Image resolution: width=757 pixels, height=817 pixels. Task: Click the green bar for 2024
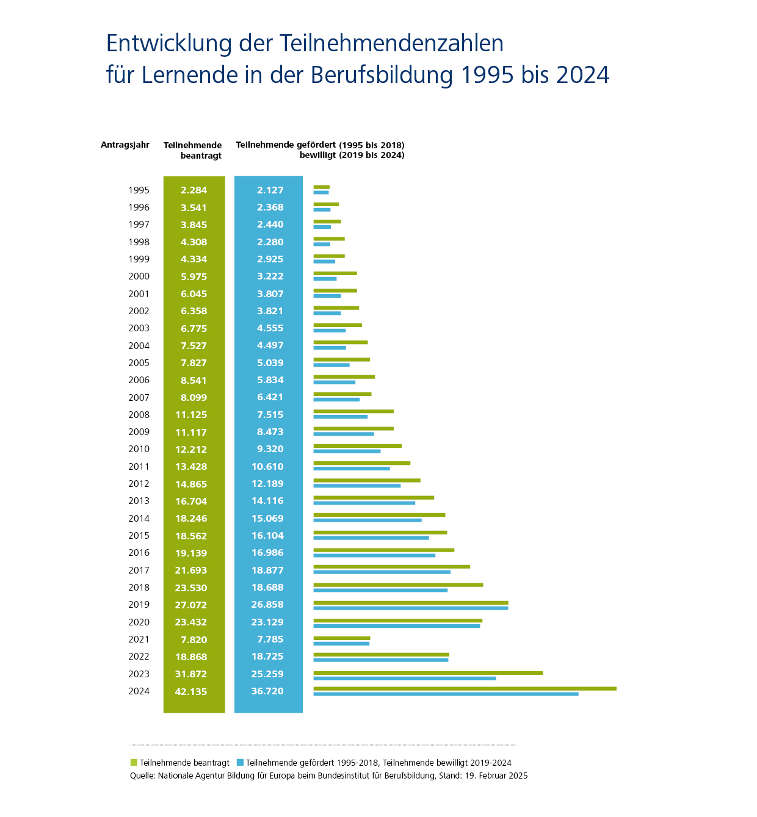pyautogui.click(x=465, y=688)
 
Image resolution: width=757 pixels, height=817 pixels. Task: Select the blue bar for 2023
pyautogui.click(x=404, y=678)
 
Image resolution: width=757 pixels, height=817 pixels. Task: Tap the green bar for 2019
pyautogui.click(x=410, y=602)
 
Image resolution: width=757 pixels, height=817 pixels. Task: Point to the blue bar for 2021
pyautogui.click(x=341, y=643)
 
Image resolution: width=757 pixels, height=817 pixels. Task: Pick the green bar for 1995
pyautogui.click(x=321, y=187)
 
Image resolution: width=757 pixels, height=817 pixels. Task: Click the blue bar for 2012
pyautogui.click(x=357, y=486)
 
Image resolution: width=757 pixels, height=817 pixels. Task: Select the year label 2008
pyautogui.click(x=139, y=415)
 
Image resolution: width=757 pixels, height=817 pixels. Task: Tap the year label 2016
pyautogui.click(x=139, y=553)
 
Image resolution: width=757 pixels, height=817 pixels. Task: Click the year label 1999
pyautogui.click(x=139, y=259)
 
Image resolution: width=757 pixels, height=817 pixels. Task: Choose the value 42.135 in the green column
pyautogui.click(x=190, y=691)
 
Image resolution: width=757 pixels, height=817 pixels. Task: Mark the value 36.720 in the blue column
pyautogui.click(x=267, y=691)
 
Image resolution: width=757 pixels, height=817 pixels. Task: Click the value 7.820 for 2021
pyautogui.click(x=194, y=639)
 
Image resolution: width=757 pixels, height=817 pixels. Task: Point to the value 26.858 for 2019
pyautogui.click(x=267, y=605)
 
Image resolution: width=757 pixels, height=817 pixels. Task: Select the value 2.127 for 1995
pyautogui.click(x=270, y=190)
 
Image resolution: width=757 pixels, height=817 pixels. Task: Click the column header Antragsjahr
pyautogui.click(x=125, y=145)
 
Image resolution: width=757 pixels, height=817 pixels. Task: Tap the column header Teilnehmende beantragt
pyautogui.click(x=192, y=150)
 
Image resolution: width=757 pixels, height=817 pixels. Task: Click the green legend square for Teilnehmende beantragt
pyautogui.click(x=134, y=763)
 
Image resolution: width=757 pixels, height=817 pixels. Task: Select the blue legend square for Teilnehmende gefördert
pyautogui.click(x=240, y=763)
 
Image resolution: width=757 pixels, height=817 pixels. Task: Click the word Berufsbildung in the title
pyautogui.click(x=382, y=75)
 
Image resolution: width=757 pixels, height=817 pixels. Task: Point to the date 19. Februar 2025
pyautogui.click(x=496, y=776)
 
